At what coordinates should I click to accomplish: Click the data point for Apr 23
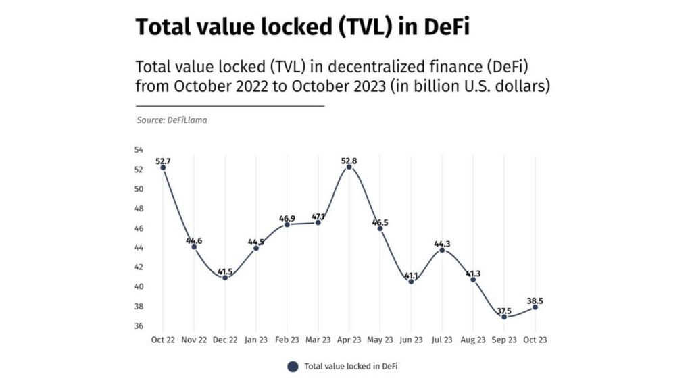click(349, 167)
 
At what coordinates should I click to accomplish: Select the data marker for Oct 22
click(163, 167)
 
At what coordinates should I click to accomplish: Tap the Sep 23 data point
click(504, 317)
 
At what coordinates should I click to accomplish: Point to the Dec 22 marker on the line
click(225, 278)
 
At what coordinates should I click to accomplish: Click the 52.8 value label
click(349, 160)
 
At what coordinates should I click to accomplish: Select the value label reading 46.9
click(287, 217)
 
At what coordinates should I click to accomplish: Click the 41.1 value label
click(411, 274)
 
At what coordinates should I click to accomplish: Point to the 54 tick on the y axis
click(139, 150)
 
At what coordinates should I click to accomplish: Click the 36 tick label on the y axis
click(139, 326)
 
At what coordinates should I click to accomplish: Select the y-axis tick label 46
click(139, 228)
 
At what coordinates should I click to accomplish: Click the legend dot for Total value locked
click(293, 367)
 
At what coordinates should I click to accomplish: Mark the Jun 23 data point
click(411, 281)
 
